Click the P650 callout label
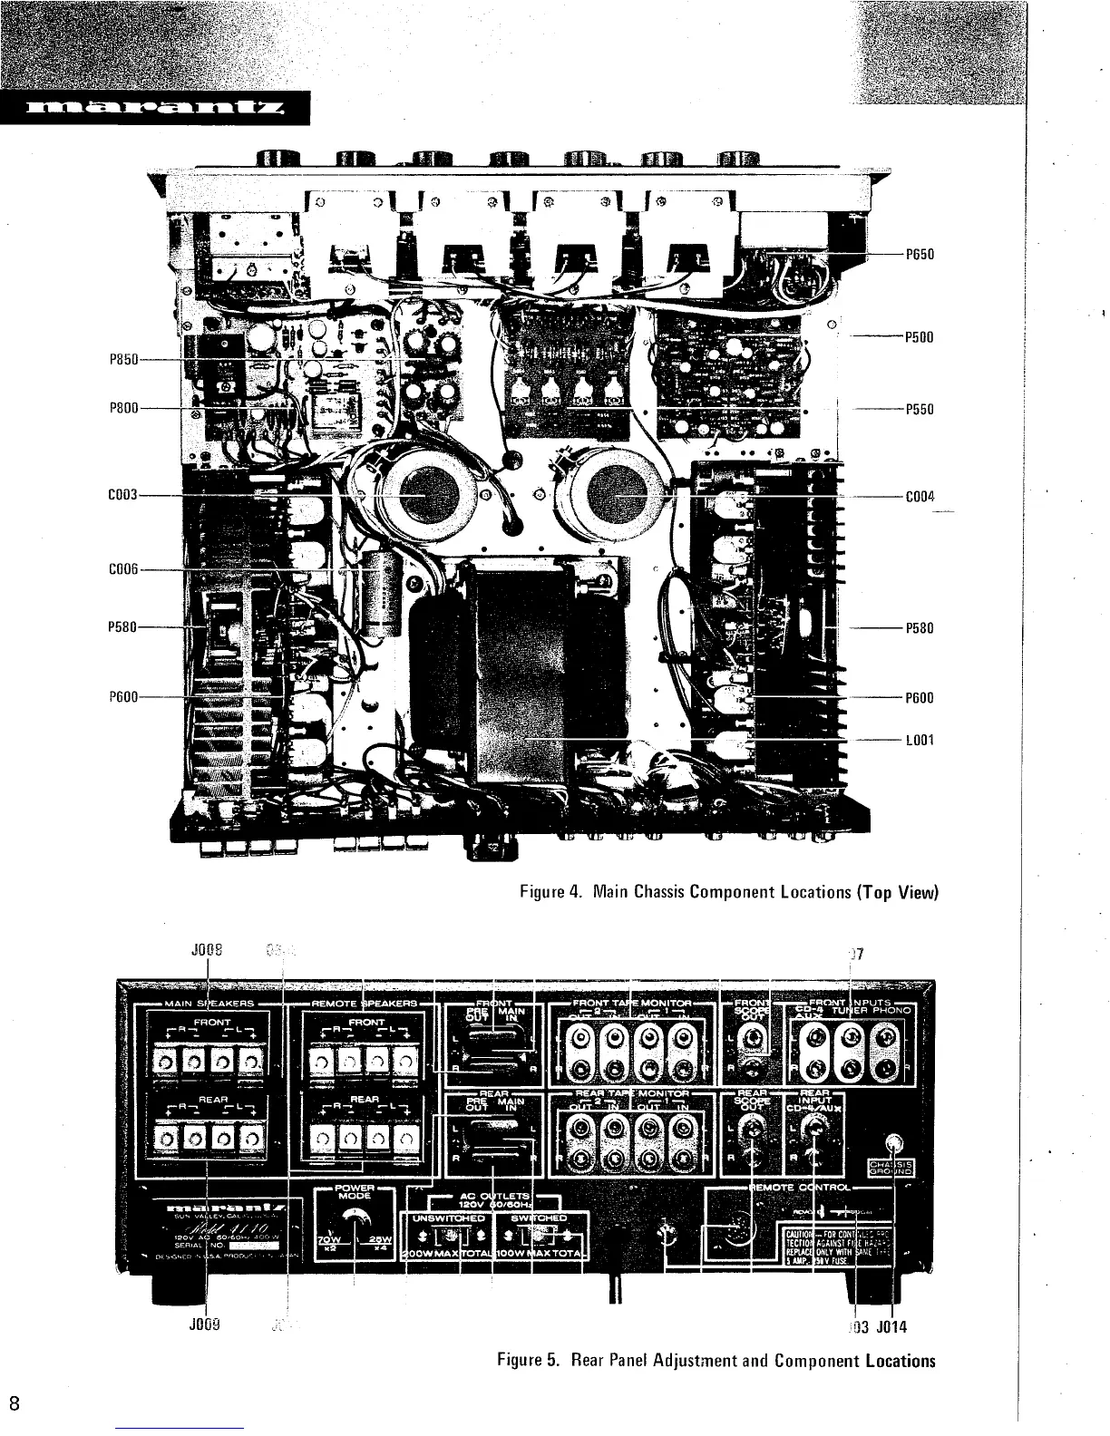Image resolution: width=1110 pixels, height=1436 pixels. [920, 255]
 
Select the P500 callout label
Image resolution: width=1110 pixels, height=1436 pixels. [920, 337]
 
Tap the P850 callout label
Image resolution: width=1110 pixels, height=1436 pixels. [122, 361]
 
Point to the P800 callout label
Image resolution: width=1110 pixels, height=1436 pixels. [122, 409]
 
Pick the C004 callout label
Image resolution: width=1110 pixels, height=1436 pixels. [920, 497]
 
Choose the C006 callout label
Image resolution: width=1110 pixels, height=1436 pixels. [122, 569]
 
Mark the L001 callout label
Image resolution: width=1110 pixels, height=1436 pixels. [920, 740]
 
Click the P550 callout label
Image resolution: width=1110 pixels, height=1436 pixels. [920, 409]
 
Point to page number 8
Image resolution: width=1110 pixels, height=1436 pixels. [15, 1402]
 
